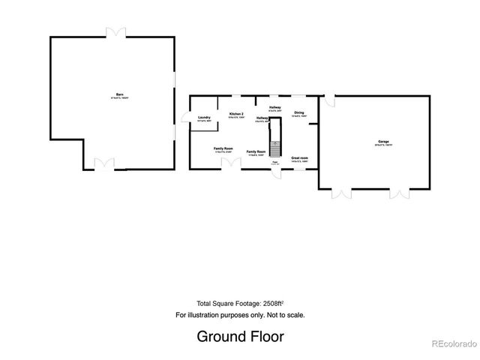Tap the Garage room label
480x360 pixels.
[x=382, y=142]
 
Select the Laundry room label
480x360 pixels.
[x=203, y=118]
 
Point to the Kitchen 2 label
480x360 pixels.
[x=236, y=114]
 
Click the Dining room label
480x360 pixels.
[x=298, y=114]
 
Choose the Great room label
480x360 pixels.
[x=300, y=159]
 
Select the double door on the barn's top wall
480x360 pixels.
[x=114, y=33]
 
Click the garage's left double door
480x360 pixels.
[x=341, y=193]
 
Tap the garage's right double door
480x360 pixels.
[x=398, y=193]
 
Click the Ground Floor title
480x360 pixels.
[x=240, y=335]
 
